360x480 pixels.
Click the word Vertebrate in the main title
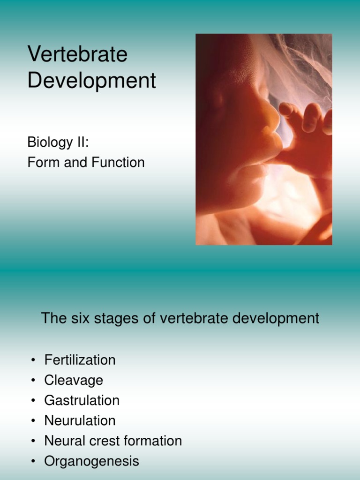(x=77, y=54)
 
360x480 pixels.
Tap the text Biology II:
(x=58, y=142)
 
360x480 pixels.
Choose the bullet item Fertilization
(x=80, y=360)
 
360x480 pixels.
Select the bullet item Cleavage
(x=74, y=380)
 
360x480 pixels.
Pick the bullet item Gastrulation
(x=82, y=400)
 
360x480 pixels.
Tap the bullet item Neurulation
(x=80, y=420)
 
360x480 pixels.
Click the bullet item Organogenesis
(x=91, y=461)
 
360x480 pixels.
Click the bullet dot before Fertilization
(x=33, y=360)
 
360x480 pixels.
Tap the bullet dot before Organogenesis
(x=33, y=462)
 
